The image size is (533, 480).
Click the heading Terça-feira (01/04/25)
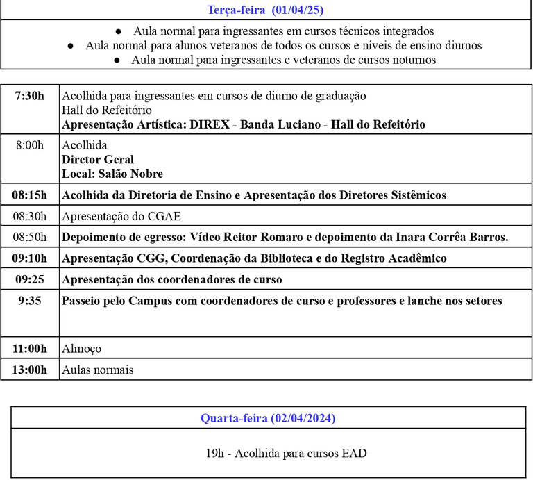[x=266, y=10]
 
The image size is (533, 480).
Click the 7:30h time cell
[x=30, y=96]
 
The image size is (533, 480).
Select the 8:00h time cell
[x=30, y=145]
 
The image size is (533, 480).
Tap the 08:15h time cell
[x=30, y=195]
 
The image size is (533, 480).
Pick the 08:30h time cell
[x=30, y=216]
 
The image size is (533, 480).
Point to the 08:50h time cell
[x=30, y=237]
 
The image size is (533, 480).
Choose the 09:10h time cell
[x=30, y=258]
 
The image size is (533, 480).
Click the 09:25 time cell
[x=30, y=279]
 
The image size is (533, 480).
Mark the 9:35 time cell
[x=30, y=301]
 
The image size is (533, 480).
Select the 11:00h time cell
[x=30, y=349]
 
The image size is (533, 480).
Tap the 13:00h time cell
[x=30, y=370]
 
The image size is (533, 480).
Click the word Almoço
[x=82, y=349]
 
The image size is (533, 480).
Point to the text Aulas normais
[x=98, y=370]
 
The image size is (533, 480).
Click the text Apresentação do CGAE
[x=121, y=216]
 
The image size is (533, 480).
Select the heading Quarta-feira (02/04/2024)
[x=268, y=417]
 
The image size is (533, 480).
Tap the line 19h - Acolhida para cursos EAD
[x=287, y=454]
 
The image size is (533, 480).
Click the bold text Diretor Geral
[x=98, y=160]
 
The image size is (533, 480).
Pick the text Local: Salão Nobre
[x=112, y=174]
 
